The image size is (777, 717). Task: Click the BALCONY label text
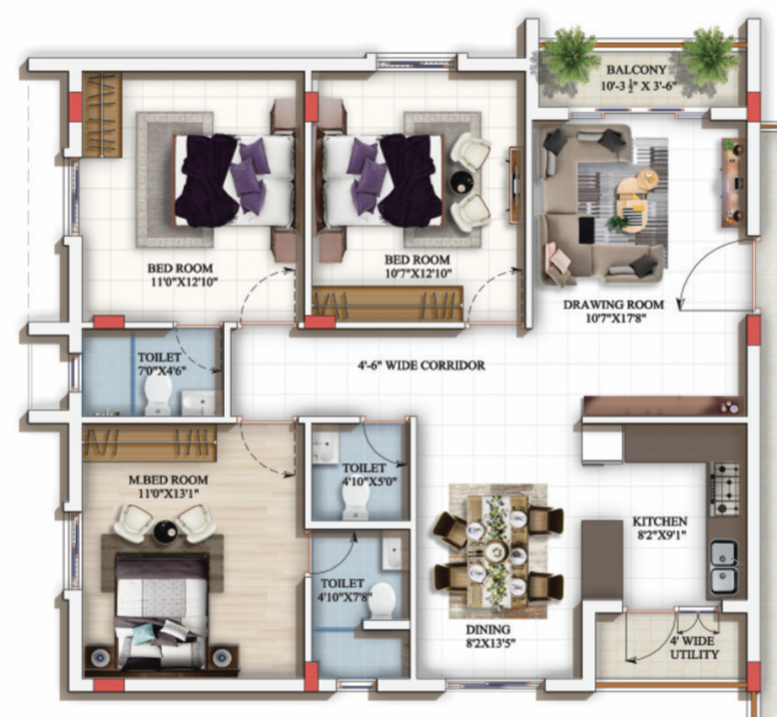[635, 70]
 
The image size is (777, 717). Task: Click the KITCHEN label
[659, 521]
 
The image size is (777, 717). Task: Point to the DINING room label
[487, 629]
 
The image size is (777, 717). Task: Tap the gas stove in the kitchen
[724, 487]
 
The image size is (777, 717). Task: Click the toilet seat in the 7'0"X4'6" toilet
[158, 399]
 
